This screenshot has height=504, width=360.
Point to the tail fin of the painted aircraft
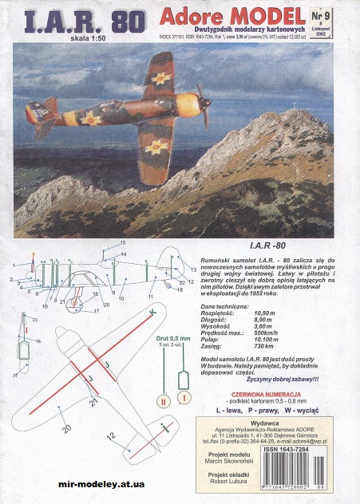point(38,116)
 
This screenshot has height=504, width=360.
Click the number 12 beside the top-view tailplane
point(112,435)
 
